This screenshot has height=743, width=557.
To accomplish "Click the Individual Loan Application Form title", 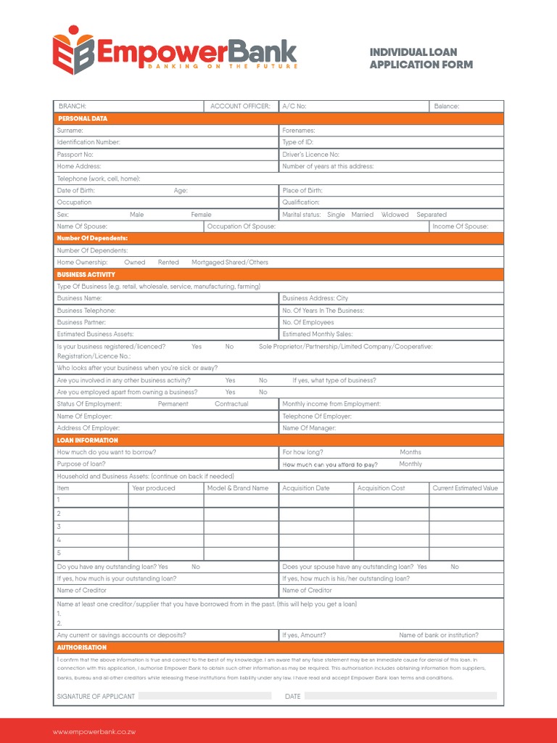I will (x=421, y=58).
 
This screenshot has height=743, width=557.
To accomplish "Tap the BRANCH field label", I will (x=72, y=106).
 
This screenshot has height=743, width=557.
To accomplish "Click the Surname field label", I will (x=70, y=131).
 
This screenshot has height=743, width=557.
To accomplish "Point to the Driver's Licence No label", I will (x=310, y=155).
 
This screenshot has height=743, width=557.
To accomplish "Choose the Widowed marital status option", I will (x=395, y=215).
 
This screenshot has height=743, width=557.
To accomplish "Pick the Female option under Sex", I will (x=201, y=215).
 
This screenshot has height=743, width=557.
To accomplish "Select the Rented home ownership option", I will (x=168, y=262).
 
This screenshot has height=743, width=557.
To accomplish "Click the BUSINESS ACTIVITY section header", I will (x=86, y=274).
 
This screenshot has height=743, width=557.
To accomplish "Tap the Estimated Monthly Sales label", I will (x=317, y=334).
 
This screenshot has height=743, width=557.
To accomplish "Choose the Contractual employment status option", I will (x=231, y=403).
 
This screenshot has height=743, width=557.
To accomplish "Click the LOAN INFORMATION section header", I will (x=87, y=440).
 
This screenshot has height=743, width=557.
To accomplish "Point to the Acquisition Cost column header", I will (x=381, y=488).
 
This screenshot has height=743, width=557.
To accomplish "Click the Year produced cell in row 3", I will (x=166, y=526).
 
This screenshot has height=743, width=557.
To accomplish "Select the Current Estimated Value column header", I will (x=465, y=488).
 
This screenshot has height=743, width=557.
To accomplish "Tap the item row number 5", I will (x=59, y=553).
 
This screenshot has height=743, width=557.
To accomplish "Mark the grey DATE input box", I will (x=400, y=696).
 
